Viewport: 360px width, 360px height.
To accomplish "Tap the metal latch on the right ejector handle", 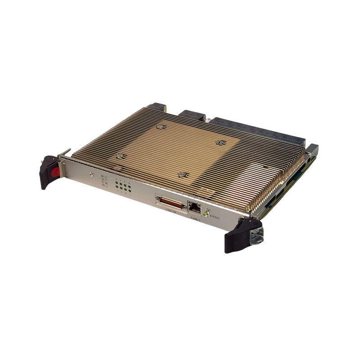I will pos(256,234).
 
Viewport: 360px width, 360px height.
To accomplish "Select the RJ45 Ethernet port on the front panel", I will pos(195,208).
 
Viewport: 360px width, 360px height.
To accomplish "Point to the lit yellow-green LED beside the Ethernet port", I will pos(206,214).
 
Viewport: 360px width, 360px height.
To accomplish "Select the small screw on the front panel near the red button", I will pos(92,173).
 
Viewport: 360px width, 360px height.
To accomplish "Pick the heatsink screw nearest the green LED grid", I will pos(119,156).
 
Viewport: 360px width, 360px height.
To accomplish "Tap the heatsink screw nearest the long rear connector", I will pos(220,143).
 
